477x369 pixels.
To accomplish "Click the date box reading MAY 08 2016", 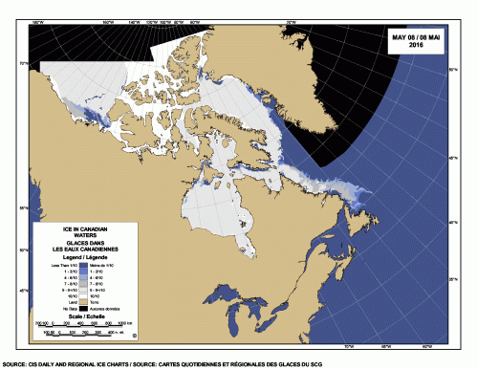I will [417, 42].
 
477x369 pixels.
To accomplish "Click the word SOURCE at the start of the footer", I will [13, 364].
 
